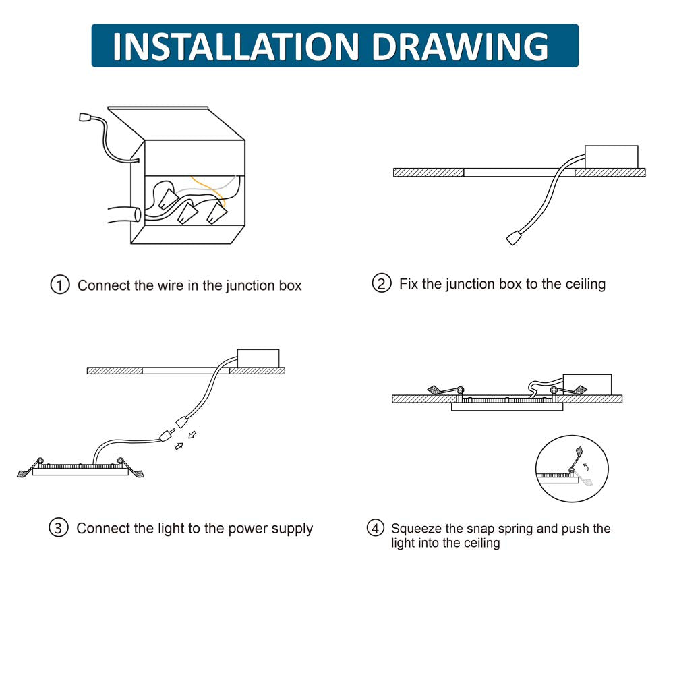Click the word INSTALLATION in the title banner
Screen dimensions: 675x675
click(235, 46)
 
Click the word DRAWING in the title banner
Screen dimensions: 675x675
click(459, 46)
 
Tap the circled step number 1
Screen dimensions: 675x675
click(60, 285)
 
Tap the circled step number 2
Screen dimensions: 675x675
click(382, 283)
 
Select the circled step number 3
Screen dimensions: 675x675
click(59, 528)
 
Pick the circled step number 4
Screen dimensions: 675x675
click(375, 528)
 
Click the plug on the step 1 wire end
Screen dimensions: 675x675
click(85, 117)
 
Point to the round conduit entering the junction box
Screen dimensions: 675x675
click(125, 214)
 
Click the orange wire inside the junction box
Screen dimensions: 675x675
click(209, 189)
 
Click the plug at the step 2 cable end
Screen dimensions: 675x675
click(514, 238)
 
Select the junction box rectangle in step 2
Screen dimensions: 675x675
click(612, 156)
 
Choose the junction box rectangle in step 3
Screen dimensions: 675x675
click(258, 359)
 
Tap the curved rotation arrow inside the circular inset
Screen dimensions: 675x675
click(585, 467)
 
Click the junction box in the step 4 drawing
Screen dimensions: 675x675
click(587, 384)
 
